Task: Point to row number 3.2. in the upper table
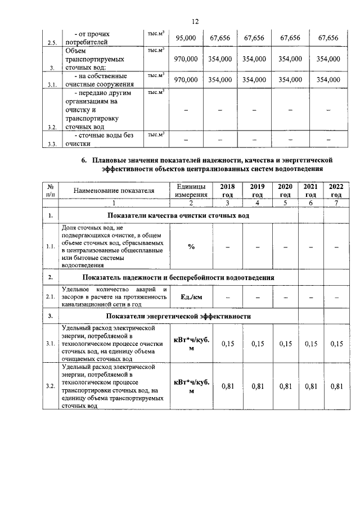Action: click(52, 127)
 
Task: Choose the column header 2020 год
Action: click(285, 190)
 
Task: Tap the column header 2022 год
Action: click(336, 190)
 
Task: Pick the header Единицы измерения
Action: click(191, 190)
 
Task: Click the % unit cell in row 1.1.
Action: click(191, 246)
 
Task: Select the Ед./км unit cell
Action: click(191, 296)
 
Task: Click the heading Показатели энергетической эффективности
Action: click(179, 317)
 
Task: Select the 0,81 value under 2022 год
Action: click(336, 386)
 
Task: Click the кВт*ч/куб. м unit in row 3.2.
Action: click(191, 386)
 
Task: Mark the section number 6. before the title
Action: click(84, 160)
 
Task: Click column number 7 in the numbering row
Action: click(336, 203)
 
